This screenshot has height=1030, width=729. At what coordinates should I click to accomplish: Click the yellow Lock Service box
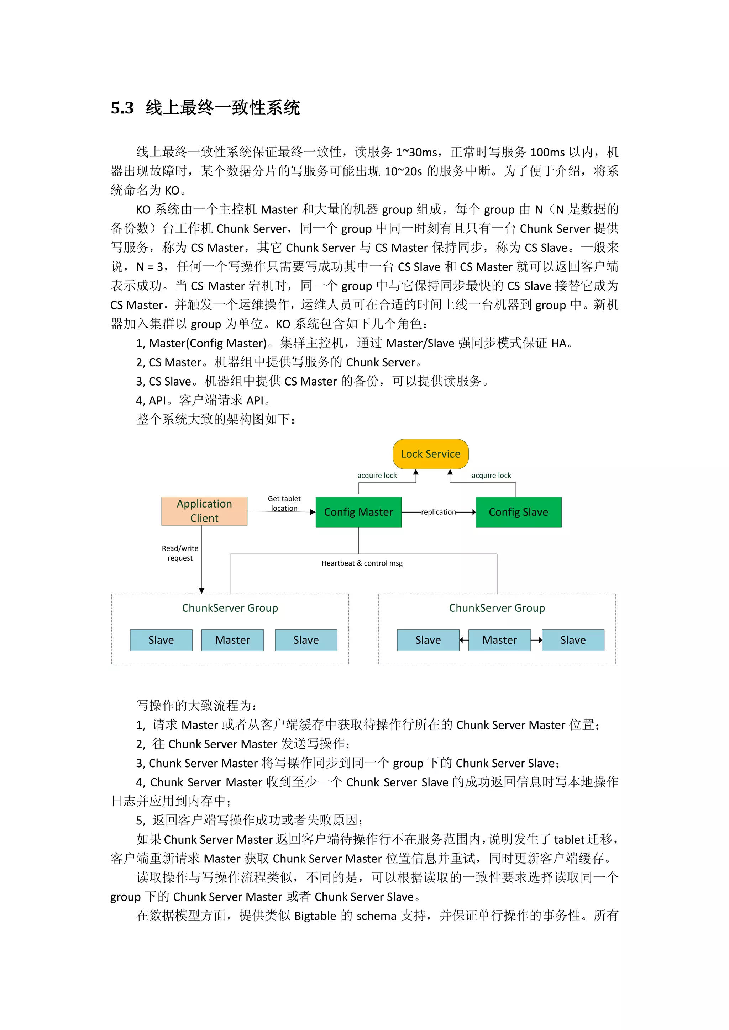pos(430,454)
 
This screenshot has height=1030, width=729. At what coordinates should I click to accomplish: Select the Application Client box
pos(204,511)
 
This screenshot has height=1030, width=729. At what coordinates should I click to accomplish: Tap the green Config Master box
pos(358,512)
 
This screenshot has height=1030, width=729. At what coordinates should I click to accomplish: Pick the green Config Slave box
pos(518,512)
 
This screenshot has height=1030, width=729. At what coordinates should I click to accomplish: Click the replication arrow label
pos(438,512)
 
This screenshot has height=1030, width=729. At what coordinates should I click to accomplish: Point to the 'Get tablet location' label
pos(284,503)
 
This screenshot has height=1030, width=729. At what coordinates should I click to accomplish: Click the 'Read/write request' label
pos(180,553)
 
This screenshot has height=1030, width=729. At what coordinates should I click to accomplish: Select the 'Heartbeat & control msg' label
pos(362,563)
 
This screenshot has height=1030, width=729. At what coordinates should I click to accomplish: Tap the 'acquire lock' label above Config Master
pos(377,476)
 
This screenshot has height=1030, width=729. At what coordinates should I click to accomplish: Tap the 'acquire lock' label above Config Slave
pos(491,476)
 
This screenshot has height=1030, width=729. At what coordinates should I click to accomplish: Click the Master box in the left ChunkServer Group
pos(232,640)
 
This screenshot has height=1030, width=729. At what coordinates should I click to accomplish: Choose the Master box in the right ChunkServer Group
pos(499,640)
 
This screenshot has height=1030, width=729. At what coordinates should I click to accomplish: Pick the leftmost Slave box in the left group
pos(161,640)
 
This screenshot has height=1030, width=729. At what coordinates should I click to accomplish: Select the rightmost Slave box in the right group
pos(573,640)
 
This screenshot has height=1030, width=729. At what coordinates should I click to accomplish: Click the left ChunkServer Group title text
pos(230,608)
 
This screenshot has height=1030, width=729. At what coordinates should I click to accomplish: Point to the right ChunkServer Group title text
pos(497,608)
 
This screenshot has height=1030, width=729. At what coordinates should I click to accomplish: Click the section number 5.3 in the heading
pos(122,108)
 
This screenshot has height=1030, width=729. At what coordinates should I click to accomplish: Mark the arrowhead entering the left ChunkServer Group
pos(201,590)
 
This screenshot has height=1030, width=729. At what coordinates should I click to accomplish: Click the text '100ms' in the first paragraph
pos(547,153)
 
